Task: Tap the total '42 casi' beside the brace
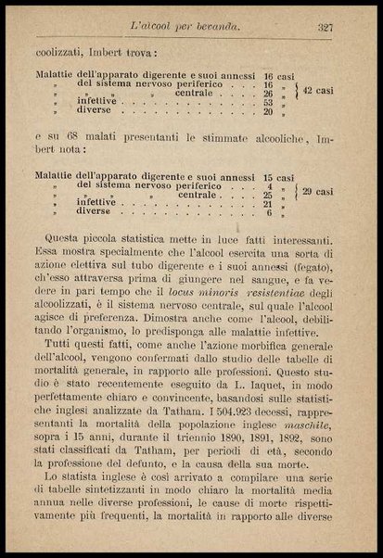(324, 94)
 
